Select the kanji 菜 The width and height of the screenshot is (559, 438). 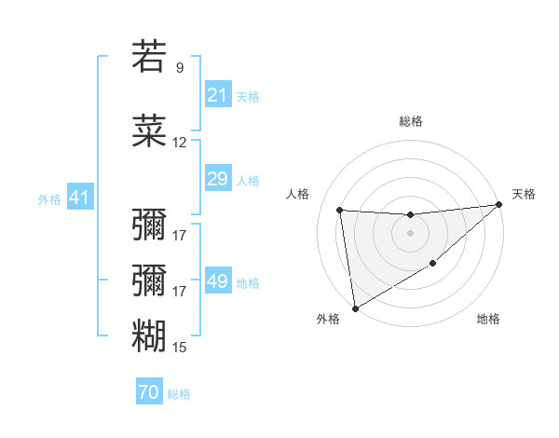[x=149, y=132]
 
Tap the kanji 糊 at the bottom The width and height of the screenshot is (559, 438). [x=149, y=335]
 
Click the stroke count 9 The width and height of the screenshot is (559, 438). [x=180, y=68]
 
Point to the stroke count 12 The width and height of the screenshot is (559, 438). [x=180, y=144]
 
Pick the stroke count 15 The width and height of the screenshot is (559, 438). [x=180, y=348]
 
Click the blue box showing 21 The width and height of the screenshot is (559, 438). [x=217, y=95]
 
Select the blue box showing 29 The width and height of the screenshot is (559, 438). [x=217, y=179]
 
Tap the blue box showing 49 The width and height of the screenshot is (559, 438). [x=217, y=281]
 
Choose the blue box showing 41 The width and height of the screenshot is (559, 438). [x=79, y=198]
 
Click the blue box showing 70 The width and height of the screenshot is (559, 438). [x=148, y=392]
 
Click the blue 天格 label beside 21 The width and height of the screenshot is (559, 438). [x=248, y=96]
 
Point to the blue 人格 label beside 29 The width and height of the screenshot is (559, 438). [x=248, y=180]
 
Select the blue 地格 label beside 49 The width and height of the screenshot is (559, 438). [x=248, y=282]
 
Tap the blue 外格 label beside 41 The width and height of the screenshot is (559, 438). [x=49, y=198]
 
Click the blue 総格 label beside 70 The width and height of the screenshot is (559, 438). [x=179, y=393]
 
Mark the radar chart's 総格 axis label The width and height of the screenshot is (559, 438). [x=410, y=121]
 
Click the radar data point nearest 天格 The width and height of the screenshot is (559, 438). [x=498, y=204]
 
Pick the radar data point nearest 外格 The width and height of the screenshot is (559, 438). [x=355, y=308]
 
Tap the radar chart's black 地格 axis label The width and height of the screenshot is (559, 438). [x=488, y=320]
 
